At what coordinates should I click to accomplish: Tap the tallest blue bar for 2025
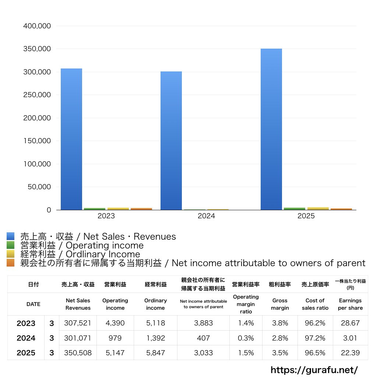click(271, 129)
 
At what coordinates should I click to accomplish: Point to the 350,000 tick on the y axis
click(37, 49)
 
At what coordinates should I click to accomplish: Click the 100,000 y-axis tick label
click(37, 164)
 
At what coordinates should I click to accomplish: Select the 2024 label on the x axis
click(206, 216)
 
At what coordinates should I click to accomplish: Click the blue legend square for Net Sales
click(10, 236)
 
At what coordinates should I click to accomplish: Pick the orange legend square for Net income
click(10, 263)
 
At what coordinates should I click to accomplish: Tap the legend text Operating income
click(82, 245)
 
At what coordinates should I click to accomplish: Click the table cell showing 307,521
click(77, 323)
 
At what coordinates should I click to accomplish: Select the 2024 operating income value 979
click(115, 338)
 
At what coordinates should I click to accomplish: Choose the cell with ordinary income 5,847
click(155, 353)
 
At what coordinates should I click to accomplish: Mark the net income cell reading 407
click(203, 338)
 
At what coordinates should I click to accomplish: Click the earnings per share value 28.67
click(350, 323)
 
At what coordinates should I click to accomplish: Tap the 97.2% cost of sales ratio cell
click(315, 338)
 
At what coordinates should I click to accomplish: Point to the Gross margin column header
click(280, 304)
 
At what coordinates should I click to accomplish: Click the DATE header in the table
click(33, 304)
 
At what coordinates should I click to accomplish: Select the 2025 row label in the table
click(26, 353)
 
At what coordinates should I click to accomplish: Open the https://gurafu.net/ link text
click(314, 370)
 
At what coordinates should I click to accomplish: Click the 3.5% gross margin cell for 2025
click(280, 353)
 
